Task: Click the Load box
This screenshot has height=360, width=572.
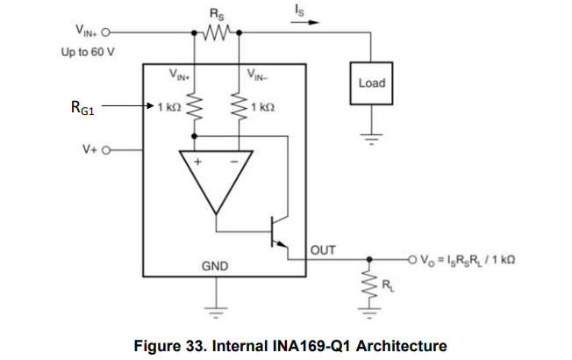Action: coord(372,83)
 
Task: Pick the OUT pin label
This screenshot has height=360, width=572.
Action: coord(323,250)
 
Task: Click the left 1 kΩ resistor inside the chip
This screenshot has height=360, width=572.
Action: coord(195,107)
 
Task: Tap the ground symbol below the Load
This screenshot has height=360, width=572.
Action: coord(371,139)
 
